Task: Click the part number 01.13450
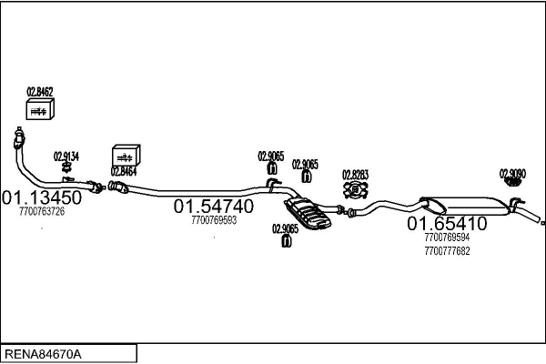(x=42, y=197)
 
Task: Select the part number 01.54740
(x=214, y=207)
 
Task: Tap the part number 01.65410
(x=447, y=223)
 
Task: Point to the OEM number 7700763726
(x=42, y=211)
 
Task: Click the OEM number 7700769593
(x=214, y=220)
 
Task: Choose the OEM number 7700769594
(x=447, y=238)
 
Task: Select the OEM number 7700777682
(x=447, y=251)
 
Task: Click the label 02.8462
(x=40, y=92)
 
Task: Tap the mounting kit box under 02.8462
(x=40, y=109)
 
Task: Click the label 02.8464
(x=124, y=171)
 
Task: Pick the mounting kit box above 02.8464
(x=126, y=156)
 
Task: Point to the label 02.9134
(x=66, y=157)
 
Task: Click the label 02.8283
(x=355, y=175)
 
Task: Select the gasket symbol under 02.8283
(x=356, y=190)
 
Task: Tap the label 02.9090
(x=512, y=174)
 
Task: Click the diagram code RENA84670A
(x=43, y=354)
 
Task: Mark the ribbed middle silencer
(x=308, y=214)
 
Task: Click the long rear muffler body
(x=465, y=206)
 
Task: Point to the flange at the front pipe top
(x=19, y=138)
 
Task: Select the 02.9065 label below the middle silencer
(x=285, y=228)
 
